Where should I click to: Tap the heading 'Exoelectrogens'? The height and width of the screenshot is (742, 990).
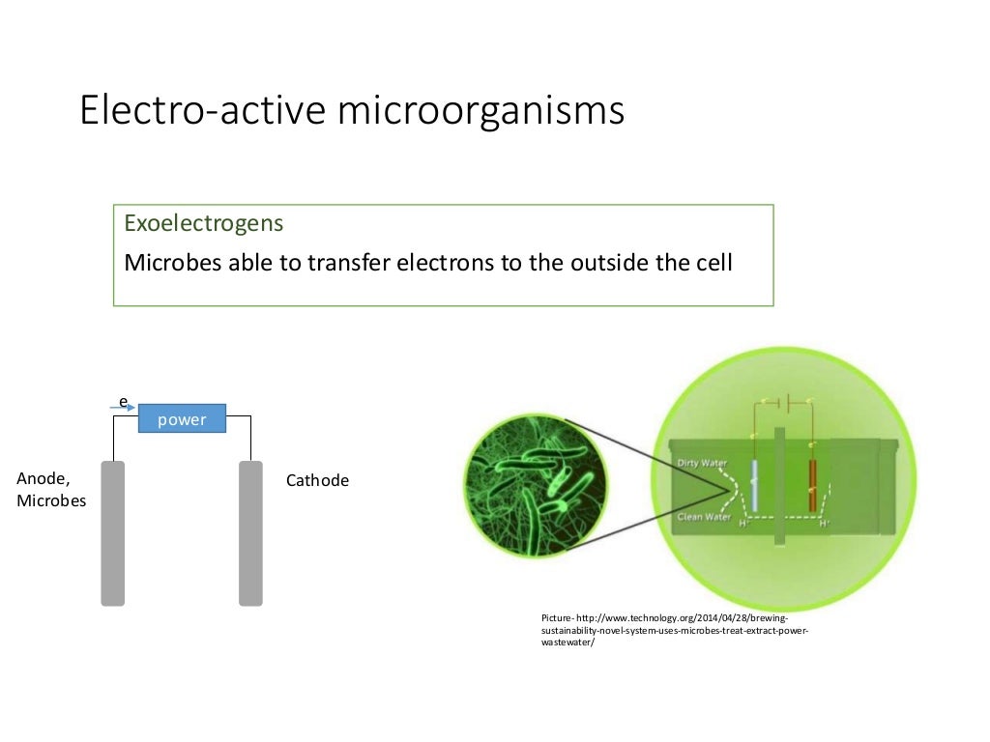pyautogui.click(x=204, y=223)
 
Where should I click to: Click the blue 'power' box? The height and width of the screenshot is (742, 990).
pyautogui.click(x=182, y=419)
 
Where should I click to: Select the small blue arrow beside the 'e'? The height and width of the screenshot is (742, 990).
pyautogui.click(x=125, y=408)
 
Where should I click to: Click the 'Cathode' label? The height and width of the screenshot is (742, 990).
pyautogui.click(x=317, y=480)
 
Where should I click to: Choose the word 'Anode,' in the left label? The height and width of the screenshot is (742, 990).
pyautogui.click(x=43, y=477)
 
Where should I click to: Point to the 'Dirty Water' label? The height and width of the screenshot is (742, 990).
pyautogui.click(x=702, y=463)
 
